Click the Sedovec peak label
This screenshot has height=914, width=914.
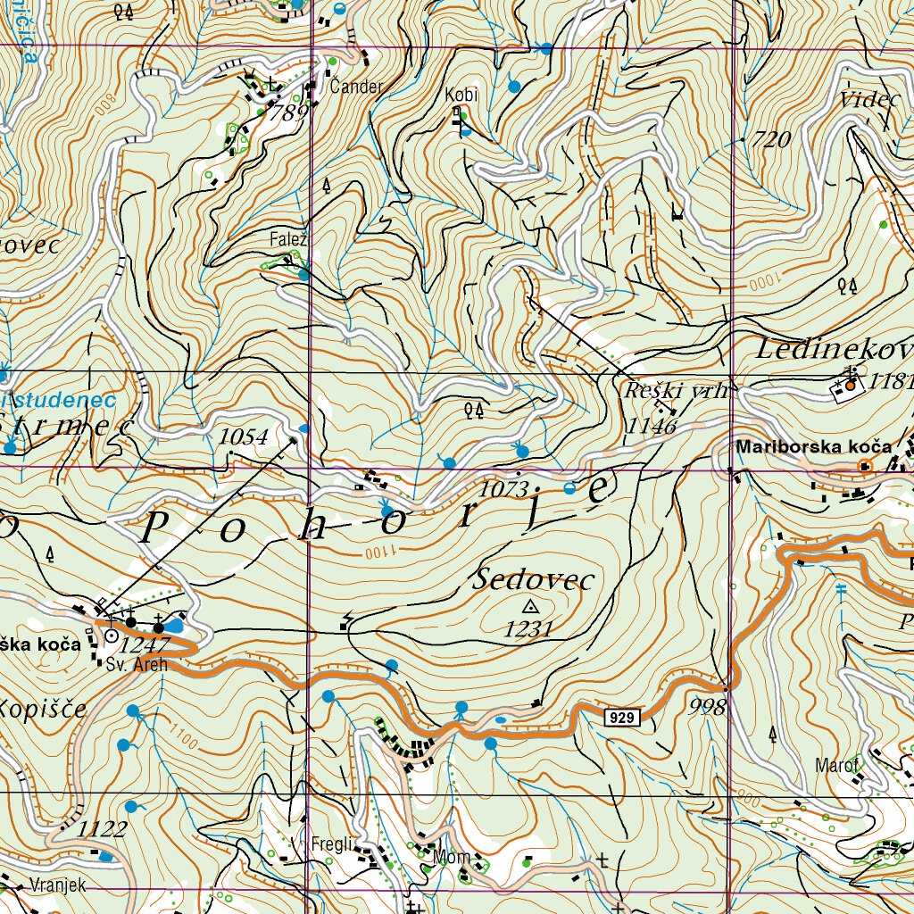535,580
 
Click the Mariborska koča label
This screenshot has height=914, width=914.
813,446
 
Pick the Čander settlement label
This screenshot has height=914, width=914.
356,87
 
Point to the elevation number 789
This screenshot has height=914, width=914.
288,112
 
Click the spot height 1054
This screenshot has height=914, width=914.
244,436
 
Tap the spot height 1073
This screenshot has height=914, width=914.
505,488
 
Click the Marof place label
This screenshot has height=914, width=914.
835,765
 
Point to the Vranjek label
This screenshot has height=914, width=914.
57,885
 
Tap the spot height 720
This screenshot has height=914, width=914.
772,139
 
